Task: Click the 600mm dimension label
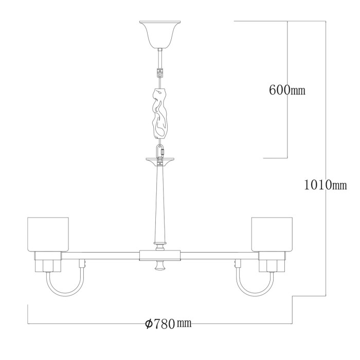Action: [x=287, y=90]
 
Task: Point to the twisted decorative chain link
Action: [x=160, y=115]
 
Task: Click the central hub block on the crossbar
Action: [x=160, y=255]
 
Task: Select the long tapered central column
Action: [x=160, y=203]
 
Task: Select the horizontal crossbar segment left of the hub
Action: [x=103, y=255]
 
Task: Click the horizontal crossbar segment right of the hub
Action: [x=216, y=255]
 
